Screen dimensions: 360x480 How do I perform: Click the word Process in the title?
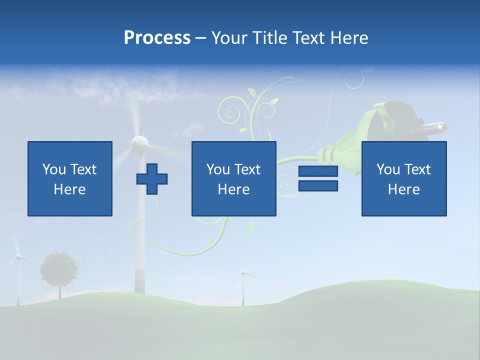pyautogui.click(x=157, y=38)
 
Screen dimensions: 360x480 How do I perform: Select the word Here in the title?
pyautogui.click(x=349, y=38)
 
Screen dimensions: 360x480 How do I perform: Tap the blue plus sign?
pyautogui.click(x=152, y=179)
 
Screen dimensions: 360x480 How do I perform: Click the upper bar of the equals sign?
pyautogui.click(x=318, y=171)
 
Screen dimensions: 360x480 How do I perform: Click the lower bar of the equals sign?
pyautogui.click(x=318, y=185)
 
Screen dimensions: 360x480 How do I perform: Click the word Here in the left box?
pyautogui.click(x=69, y=189)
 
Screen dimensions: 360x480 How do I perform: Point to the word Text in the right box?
pyautogui.click(x=417, y=169)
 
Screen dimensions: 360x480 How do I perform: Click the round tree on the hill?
pyautogui.click(x=59, y=269)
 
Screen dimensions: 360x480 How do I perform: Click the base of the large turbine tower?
pyautogui.click(x=139, y=285)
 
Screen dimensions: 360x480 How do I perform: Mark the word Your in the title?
pyautogui.click(x=229, y=38)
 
